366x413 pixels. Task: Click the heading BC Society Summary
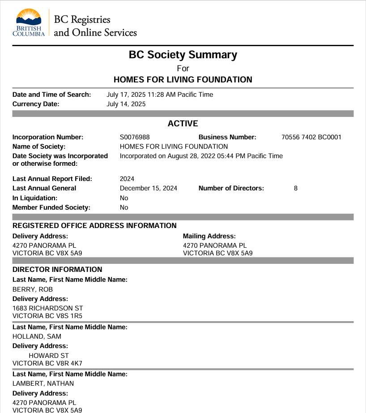(183, 55)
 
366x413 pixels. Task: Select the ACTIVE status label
(183, 124)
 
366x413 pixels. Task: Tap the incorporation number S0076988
(135, 137)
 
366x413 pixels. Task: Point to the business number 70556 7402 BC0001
(311, 137)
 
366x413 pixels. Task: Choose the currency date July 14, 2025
(126, 104)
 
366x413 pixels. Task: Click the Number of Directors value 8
(296, 188)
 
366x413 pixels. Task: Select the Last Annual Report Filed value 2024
(127, 179)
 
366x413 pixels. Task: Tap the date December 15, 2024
(149, 188)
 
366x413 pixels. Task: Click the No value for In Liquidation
(124, 198)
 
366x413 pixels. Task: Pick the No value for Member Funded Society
(124, 207)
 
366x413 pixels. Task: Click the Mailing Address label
(209, 236)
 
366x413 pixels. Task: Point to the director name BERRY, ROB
(33, 289)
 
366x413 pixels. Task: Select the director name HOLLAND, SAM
(37, 336)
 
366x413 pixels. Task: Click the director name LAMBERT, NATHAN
(43, 383)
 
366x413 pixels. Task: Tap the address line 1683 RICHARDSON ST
(47, 308)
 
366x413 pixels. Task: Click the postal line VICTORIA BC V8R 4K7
(47, 363)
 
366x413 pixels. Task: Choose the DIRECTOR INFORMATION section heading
(57, 270)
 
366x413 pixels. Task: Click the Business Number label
(227, 137)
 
